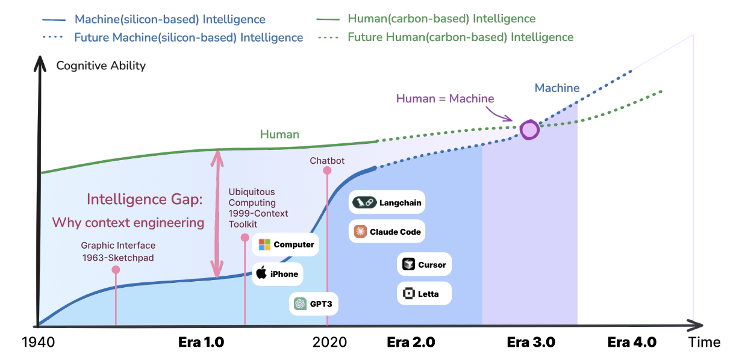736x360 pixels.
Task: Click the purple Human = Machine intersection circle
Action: coord(529,129)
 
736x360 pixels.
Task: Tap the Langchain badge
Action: coord(388,203)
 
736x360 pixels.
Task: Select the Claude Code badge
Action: coord(387,232)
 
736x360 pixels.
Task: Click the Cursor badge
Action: coord(424,264)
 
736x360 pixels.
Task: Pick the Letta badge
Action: coord(424,294)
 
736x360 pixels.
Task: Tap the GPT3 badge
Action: coord(313,304)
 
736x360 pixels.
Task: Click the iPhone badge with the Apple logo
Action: coord(277,274)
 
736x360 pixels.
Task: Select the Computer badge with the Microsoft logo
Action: coord(286,244)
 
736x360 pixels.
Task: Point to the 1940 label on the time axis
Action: coord(39,343)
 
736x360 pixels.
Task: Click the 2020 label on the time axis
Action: coord(330,343)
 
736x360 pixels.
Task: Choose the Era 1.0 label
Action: coord(201,343)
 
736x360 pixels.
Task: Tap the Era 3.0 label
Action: coord(531,343)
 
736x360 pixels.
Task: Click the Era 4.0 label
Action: coord(632,343)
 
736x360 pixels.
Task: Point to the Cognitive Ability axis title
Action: coord(101,66)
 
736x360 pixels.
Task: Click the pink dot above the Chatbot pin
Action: coord(327,170)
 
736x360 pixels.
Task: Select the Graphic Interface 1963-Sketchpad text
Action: coord(118,251)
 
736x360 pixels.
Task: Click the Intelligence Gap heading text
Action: coord(145,199)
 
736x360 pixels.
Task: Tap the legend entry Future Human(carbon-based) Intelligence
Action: coord(461,37)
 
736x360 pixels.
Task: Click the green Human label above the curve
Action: coord(279,134)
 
